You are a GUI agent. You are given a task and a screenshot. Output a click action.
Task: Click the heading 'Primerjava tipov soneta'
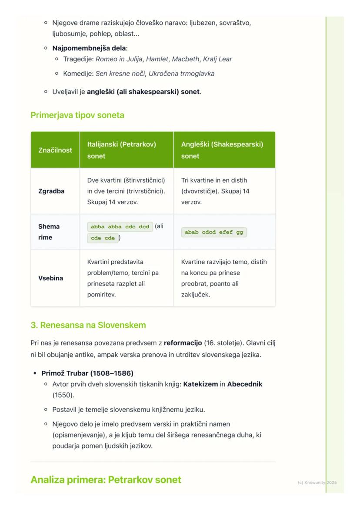coord(77,115)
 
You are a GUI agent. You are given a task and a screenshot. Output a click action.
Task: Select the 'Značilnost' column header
coord(55,150)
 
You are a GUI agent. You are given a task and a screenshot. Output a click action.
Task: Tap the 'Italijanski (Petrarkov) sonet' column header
coord(121,150)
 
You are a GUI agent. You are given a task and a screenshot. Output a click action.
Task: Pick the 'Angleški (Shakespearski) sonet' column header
coord(222,150)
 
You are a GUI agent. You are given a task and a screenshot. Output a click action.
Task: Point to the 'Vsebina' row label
coord(50,278)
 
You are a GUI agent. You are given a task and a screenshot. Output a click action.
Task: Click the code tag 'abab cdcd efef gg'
coord(214,232)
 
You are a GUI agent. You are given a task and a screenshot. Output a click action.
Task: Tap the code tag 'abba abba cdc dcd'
coord(120,226)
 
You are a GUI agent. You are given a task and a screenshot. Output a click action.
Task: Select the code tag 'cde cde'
coord(103,238)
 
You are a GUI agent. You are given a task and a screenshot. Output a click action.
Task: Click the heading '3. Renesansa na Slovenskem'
coord(88,325)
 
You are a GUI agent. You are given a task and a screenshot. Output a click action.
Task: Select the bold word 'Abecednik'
coord(245,384)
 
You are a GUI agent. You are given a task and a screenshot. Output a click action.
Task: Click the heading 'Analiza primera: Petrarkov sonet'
coord(106,480)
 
